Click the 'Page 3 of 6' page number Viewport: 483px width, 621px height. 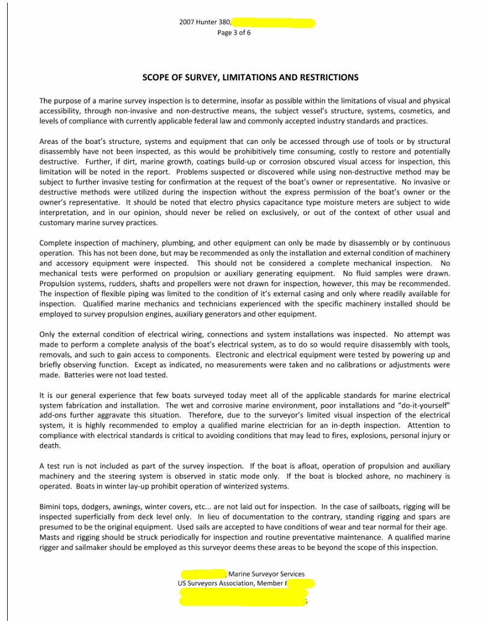pos(234,32)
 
